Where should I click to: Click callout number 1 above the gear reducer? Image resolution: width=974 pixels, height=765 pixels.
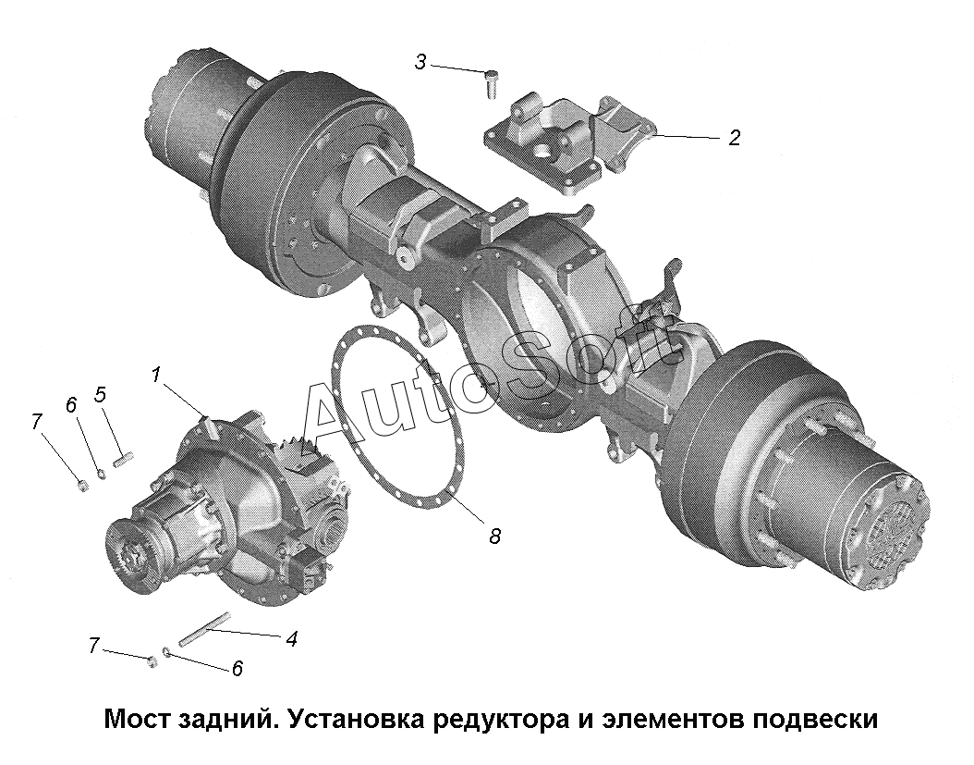point(155,375)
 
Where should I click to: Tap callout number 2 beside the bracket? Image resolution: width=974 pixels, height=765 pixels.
point(735,138)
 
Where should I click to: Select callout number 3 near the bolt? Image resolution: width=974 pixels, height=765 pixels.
point(420,62)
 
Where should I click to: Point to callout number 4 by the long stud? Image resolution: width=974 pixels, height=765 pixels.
point(291,638)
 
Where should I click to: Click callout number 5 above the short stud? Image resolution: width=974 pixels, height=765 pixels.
point(100,394)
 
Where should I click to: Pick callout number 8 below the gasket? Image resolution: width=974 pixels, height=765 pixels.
point(494,536)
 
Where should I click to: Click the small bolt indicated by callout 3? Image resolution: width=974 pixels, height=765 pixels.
point(491,83)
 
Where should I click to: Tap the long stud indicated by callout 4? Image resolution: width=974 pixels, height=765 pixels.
point(204,629)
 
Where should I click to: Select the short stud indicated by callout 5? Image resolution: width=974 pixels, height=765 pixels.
point(124,461)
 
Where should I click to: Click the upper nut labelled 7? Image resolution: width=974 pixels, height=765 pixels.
point(82,485)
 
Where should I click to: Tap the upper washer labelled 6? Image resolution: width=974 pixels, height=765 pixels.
point(102,475)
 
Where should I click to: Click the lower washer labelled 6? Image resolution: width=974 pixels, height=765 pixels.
point(166,651)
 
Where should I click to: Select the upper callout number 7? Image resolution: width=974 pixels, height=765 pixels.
point(37,421)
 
